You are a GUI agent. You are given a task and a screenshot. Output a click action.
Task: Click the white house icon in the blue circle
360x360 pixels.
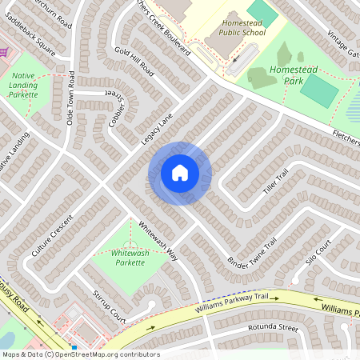coord(179,173)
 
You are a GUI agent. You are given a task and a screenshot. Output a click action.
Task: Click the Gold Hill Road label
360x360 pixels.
coord(134,61)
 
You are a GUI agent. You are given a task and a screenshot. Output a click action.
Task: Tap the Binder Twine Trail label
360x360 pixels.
coord(251,252)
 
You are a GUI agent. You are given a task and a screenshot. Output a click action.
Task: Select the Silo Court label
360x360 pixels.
coord(318,251)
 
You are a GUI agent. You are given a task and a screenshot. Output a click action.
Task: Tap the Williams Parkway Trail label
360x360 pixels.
coord(231,302)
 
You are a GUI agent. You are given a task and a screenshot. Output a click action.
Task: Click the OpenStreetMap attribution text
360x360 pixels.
coord(80,354)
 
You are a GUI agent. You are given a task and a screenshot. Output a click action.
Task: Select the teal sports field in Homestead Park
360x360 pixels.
coord(318,90)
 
